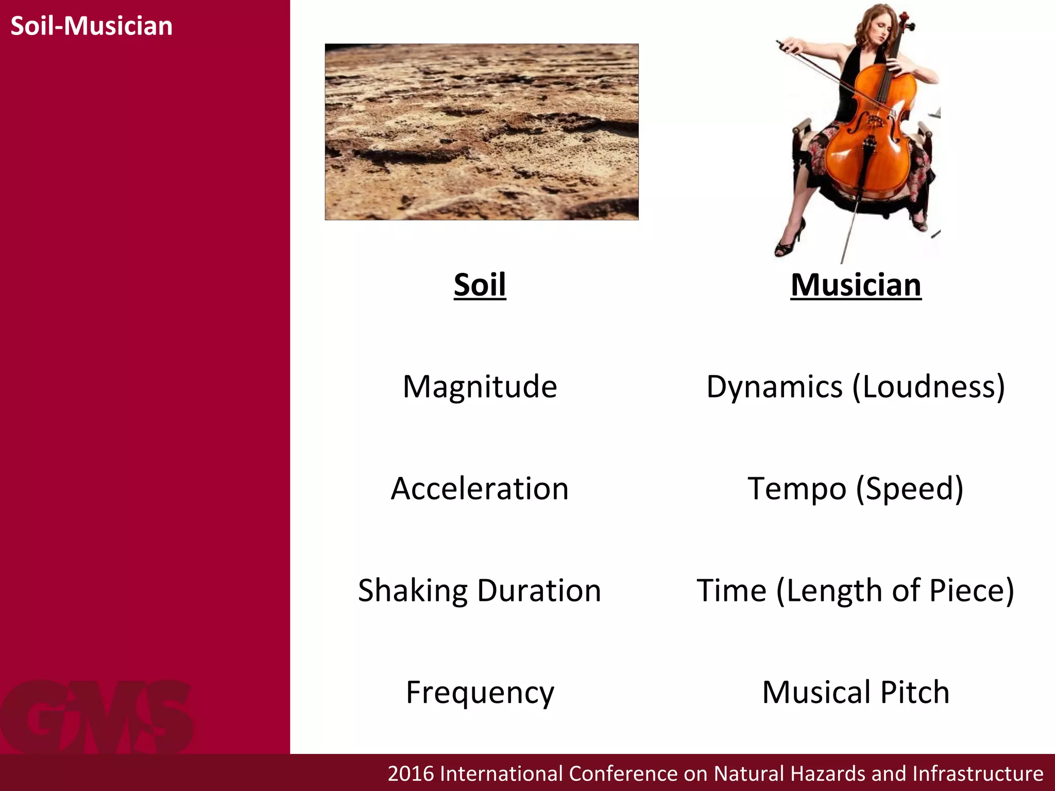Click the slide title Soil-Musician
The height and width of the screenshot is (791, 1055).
(91, 26)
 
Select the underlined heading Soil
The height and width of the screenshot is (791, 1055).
(480, 284)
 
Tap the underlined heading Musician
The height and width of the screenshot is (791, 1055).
(856, 285)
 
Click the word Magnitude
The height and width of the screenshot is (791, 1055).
(480, 386)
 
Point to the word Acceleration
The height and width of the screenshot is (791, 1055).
(480, 488)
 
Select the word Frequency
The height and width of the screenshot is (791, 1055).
(480, 692)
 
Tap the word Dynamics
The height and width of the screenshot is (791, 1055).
(774, 386)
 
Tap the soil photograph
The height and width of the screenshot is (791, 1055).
(481, 132)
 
